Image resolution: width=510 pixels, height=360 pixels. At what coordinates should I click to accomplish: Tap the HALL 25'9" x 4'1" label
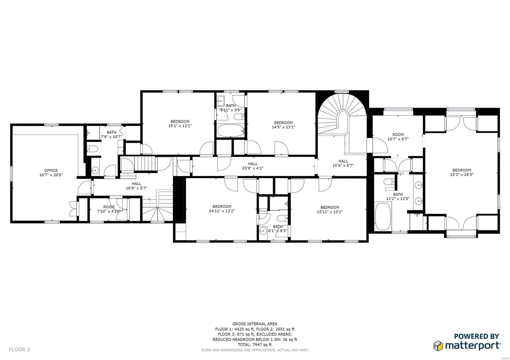(253, 166)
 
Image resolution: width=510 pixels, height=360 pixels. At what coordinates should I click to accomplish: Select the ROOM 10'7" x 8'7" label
(398, 137)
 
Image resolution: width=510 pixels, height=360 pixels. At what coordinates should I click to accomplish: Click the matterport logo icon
(438, 345)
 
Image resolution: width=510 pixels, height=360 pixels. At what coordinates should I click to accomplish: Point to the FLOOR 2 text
(19, 349)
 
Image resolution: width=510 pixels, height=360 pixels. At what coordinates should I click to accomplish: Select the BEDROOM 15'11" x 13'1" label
(330, 209)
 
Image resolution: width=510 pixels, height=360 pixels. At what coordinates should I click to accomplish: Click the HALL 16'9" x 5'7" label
(136, 186)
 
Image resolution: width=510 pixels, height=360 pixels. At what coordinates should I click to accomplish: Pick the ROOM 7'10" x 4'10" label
(109, 209)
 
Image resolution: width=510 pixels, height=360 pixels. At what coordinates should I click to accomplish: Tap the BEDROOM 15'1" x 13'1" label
(180, 124)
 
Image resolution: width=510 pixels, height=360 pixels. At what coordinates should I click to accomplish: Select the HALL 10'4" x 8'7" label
(343, 163)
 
